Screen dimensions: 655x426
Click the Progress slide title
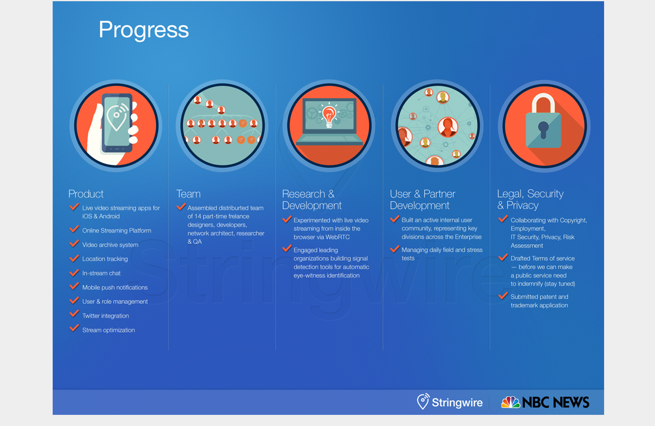144,30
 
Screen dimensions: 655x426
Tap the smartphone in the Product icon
118,123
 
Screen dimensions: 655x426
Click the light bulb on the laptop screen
329,116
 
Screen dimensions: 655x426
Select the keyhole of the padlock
543,130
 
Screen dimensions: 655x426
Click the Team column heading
188,194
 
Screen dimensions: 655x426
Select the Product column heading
85,194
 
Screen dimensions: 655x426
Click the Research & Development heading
312,200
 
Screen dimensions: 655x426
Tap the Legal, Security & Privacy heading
530,199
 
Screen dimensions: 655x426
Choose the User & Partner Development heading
422,200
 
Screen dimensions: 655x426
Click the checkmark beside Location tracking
74,258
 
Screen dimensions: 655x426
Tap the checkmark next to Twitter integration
74,314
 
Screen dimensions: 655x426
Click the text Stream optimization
109,330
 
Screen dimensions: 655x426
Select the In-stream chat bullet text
102,273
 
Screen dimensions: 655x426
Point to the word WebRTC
337,237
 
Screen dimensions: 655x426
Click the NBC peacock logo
511,402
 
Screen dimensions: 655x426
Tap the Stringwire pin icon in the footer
423,401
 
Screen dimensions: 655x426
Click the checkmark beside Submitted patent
503,296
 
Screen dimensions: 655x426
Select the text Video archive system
111,245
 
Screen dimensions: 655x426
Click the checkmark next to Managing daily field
395,249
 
